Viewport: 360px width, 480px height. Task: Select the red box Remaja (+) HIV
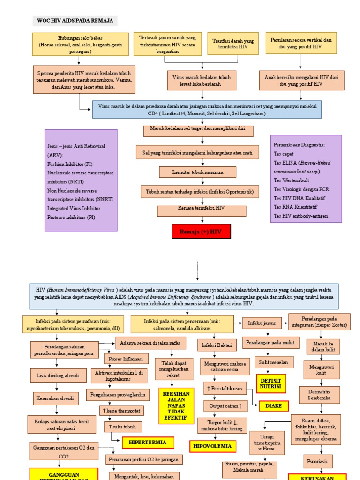click(202, 232)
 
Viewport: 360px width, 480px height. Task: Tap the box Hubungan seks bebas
click(80, 45)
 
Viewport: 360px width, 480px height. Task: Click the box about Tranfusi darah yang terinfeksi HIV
click(233, 44)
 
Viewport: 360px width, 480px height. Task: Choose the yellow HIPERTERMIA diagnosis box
click(142, 442)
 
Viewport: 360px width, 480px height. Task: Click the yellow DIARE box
click(273, 406)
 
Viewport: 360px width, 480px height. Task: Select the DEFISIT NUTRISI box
click(270, 383)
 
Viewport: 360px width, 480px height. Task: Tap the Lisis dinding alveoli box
click(58, 375)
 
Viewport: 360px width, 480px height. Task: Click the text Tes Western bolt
click(292, 180)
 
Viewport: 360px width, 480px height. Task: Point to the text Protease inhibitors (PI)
click(71, 217)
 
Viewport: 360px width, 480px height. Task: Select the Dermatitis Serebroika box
click(319, 395)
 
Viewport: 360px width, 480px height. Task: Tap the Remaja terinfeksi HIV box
click(201, 211)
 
